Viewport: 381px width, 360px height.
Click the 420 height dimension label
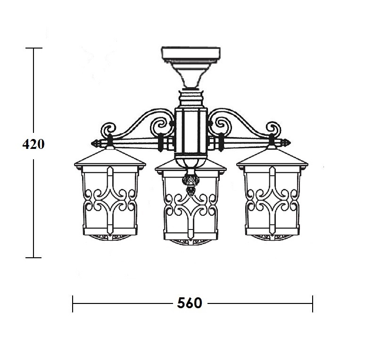pyautogui.click(x=33, y=144)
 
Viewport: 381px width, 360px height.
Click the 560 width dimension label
pyautogui.click(x=190, y=303)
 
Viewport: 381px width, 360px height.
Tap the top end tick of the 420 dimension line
pyautogui.click(x=34, y=48)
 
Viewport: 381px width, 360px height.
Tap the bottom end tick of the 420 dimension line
pyautogui.click(x=33, y=258)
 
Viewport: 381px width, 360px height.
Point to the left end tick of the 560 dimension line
pyautogui.click(x=73, y=303)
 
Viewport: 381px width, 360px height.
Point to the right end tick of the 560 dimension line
pyautogui.click(x=313, y=303)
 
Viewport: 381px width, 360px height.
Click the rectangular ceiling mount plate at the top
pyautogui.click(x=191, y=53)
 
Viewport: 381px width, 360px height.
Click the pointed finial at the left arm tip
pyautogui.click(x=97, y=143)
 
